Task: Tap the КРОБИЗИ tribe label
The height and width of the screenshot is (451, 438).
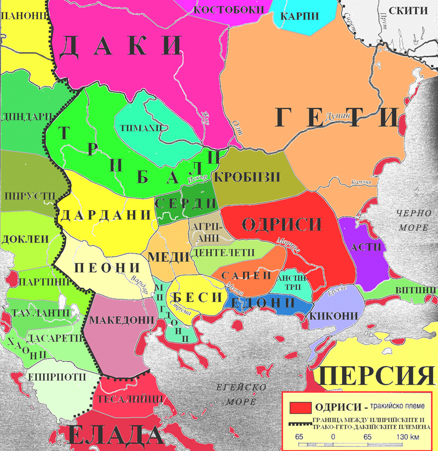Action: click(246, 177)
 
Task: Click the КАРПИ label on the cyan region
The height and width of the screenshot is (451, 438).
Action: click(299, 16)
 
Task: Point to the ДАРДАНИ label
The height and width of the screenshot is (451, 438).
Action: click(105, 215)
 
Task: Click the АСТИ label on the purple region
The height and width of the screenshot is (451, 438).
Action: click(366, 247)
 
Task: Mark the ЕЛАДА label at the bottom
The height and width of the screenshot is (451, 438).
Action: click(115, 437)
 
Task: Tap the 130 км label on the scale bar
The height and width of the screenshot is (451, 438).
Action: click(406, 437)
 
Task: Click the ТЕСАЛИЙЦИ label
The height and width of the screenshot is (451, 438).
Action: click(130, 398)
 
